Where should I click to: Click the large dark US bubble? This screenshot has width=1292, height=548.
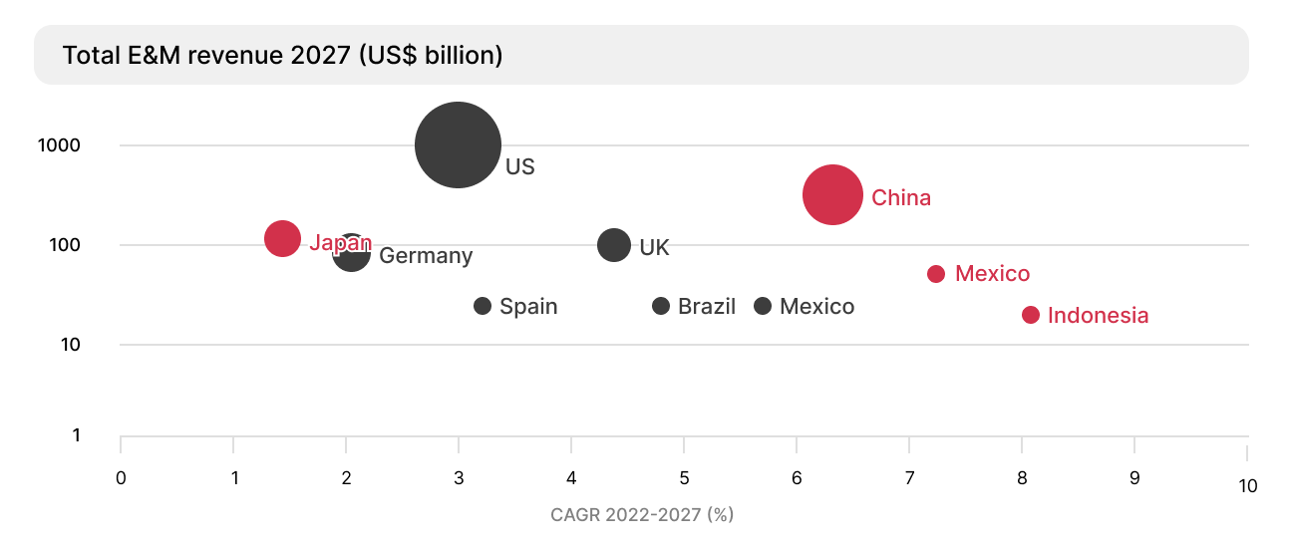point(458,144)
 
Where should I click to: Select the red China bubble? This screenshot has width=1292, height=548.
point(832,195)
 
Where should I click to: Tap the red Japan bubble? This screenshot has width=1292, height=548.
point(283,239)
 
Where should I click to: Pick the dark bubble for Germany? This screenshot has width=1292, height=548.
point(352,253)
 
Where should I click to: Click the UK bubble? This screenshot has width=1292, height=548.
point(614,245)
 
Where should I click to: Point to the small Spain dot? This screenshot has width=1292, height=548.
point(483,306)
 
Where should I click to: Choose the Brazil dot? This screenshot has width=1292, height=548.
point(661,306)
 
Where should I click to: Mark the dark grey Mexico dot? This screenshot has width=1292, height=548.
point(763,306)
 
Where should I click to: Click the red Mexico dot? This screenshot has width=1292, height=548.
point(936,274)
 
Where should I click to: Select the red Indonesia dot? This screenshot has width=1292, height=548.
point(1031,315)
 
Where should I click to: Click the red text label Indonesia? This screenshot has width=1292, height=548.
point(1099,316)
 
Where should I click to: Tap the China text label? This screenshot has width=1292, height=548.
point(901,197)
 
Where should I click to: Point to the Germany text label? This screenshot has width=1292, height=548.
point(426,256)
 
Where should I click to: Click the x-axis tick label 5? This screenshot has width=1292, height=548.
point(684,477)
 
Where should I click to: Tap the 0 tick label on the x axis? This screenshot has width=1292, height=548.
point(121,477)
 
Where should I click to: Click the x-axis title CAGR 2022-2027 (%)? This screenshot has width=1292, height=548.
point(642,515)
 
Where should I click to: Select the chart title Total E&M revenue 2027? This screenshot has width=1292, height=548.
point(282,55)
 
